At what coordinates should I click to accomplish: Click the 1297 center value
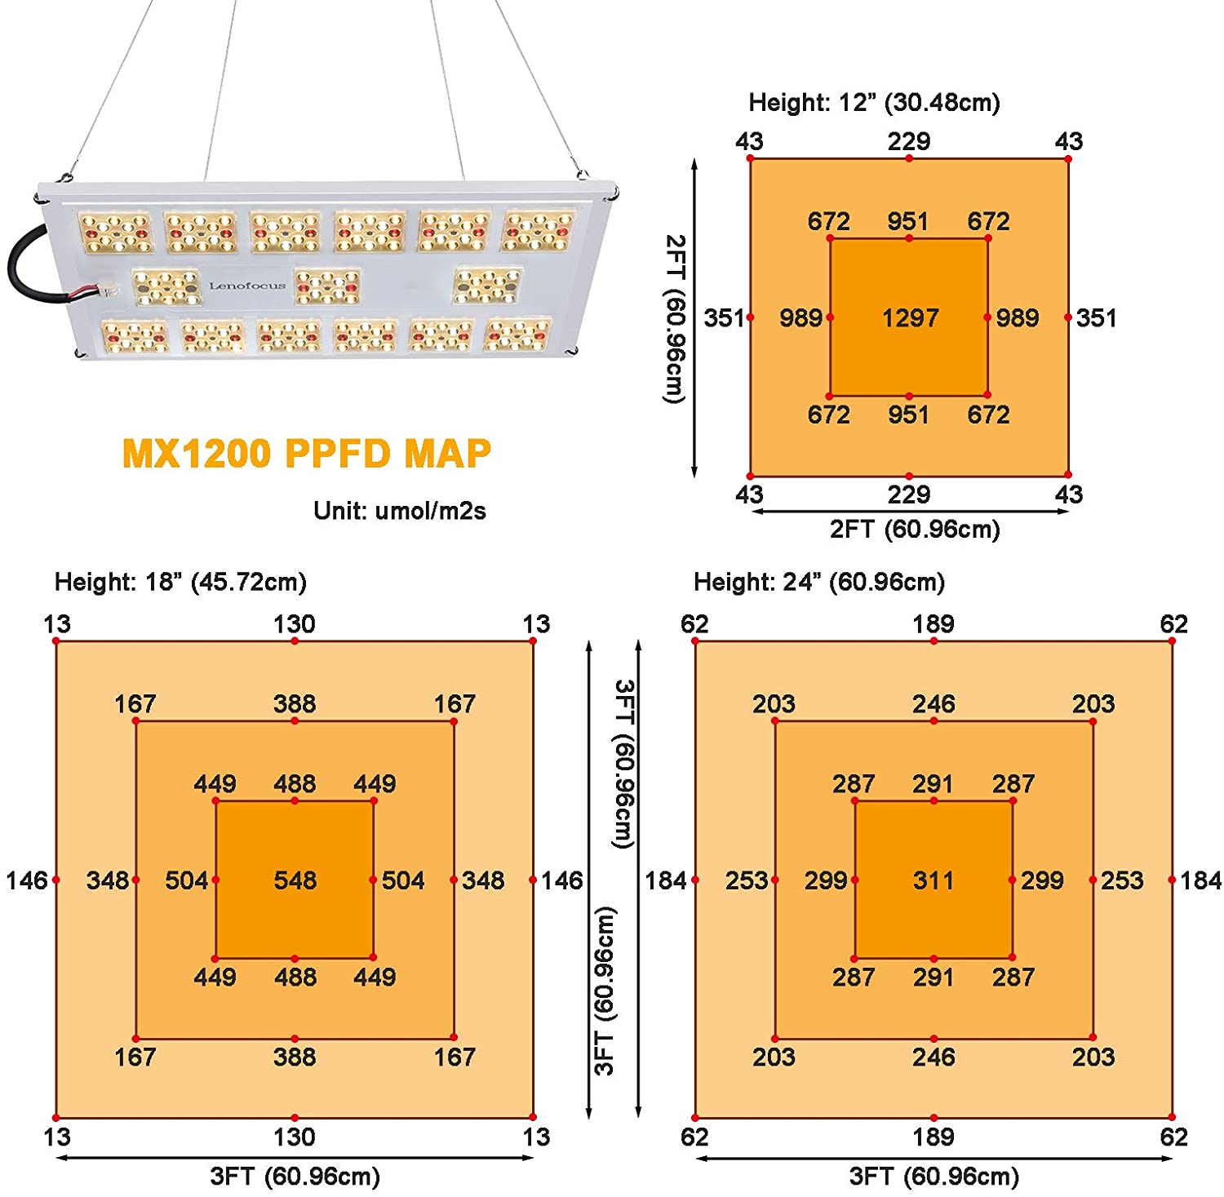pos(910,317)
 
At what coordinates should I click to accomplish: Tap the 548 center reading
pos(295,880)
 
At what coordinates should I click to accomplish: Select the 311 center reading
pos(934,880)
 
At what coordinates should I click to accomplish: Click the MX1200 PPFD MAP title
pos(306,454)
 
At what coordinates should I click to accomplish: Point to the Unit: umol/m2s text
pos(399,511)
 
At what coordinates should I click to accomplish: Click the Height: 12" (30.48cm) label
pos(874,103)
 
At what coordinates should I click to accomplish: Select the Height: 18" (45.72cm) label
pos(180,583)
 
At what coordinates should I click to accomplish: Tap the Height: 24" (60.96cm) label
pos(819,583)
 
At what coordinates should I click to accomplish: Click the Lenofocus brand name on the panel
pos(247,286)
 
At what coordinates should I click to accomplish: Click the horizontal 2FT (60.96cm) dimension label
pos(914,530)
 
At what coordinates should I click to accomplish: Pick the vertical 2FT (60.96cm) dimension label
pos(674,318)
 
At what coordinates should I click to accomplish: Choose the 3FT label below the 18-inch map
pos(295,1177)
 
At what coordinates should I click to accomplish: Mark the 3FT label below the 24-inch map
pos(934,1177)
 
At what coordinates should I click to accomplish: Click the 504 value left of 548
pos(186,880)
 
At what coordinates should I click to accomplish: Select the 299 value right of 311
pos(1042,880)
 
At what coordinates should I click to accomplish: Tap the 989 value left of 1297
pos(800,317)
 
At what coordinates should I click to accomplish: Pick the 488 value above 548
pos(295,784)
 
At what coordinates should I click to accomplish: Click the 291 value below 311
pos(934,977)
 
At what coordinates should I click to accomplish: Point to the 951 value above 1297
pos(908,222)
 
